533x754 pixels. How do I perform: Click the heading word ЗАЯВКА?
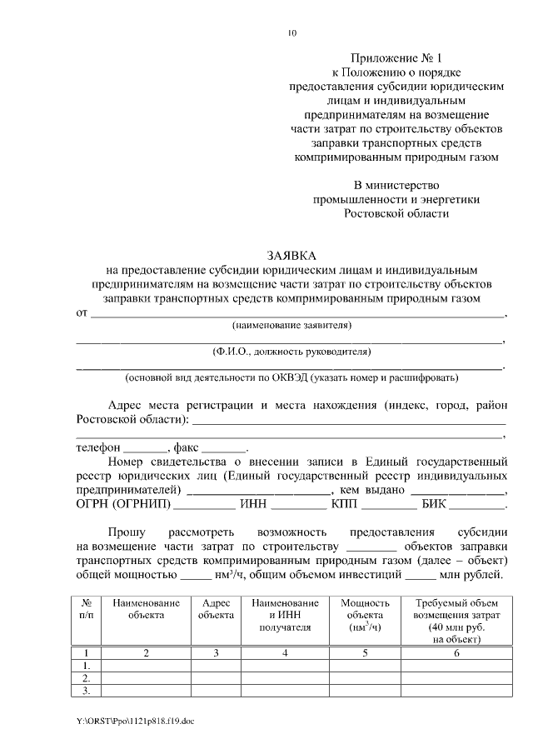[291, 255]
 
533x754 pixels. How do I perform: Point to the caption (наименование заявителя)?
[291, 324]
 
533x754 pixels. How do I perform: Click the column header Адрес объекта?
[216, 609]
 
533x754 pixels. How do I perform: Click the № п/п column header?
[87, 609]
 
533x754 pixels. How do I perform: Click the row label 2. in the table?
[87, 678]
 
